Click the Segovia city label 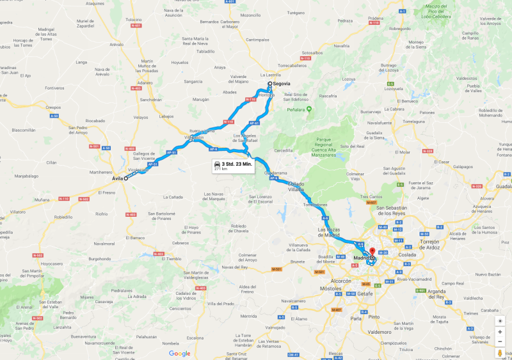pos(282,84)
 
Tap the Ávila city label pos(117,178)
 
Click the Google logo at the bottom pos(180,353)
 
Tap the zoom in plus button pos(500,332)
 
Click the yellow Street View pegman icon pos(500,352)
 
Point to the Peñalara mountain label pos(323,110)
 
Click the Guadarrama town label pos(276,173)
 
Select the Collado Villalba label pos(296,186)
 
